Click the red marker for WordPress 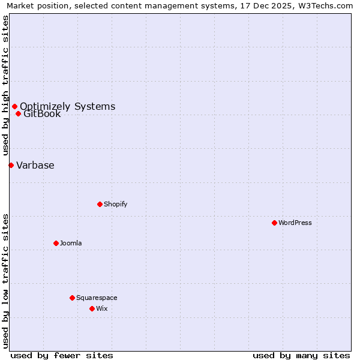pyautogui.click(x=274, y=223)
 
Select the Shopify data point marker pyautogui.click(x=100, y=204)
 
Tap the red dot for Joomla pyautogui.click(x=56, y=243)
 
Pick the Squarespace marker pyautogui.click(x=72, y=298)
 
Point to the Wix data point pyautogui.click(x=92, y=308)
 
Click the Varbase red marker pyautogui.click(x=11, y=165)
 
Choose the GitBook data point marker pyautogui.click(x=18, y=113)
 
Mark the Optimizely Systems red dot pyautogui.click(x=14, y=106)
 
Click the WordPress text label pyautogui.click(x=295, y=223)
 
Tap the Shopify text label pyautogui.click(x=116, y=204)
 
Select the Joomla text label pyautogui.click(x=71, y=243)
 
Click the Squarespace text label pyautogui.click(x=97, y=298)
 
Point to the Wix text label pyautogui.click(x=101, y=308)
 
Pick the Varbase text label pyautogui.click(x=35, y=166)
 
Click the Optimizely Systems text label pyautogui.click(x=68, y=106)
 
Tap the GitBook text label pyautogui.click(x=42, y=114)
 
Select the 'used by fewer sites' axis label pyautogui.click(x=62, y=355)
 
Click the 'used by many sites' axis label pyautogui.click(x=301, y=355)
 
